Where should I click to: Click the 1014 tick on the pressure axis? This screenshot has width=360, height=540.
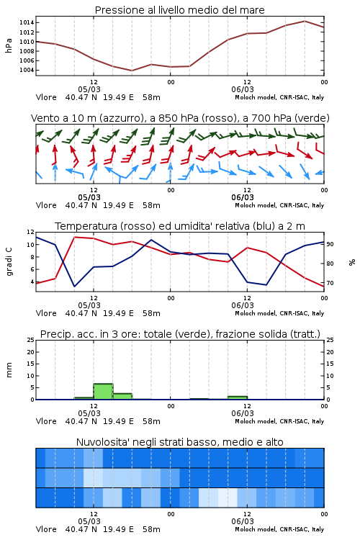tap(26, 23)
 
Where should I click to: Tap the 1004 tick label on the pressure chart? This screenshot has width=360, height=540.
tap(26, 71)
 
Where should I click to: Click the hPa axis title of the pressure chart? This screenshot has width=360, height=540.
tap(9, 45)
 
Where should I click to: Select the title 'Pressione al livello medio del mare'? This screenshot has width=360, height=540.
tap(180, 10)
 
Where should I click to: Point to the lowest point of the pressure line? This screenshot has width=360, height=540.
tap(132, 71)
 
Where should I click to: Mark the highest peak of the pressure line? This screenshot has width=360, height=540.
tap(305, 21)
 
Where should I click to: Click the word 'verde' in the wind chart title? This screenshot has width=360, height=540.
tap(312, 119)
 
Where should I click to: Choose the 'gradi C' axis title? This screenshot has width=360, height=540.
tap(9, 261)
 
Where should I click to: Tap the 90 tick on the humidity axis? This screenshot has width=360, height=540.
tap(330, 244)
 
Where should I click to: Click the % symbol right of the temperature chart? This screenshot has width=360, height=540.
tap(352, 262)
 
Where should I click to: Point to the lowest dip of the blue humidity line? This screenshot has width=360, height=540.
tap(74, 287)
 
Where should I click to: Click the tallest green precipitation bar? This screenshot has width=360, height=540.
tap(104, 392)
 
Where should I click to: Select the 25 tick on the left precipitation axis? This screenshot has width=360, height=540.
tap(30, 341)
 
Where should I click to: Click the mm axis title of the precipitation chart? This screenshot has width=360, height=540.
tap(9, 370)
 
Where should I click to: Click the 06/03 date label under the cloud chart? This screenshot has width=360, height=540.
tap(243, 521)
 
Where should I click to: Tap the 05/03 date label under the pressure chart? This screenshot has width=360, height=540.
tap(89, 89)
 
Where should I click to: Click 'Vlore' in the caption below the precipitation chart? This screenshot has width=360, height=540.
tap(46, 421)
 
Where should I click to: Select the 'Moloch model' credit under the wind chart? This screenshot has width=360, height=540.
tap(256, 205)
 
